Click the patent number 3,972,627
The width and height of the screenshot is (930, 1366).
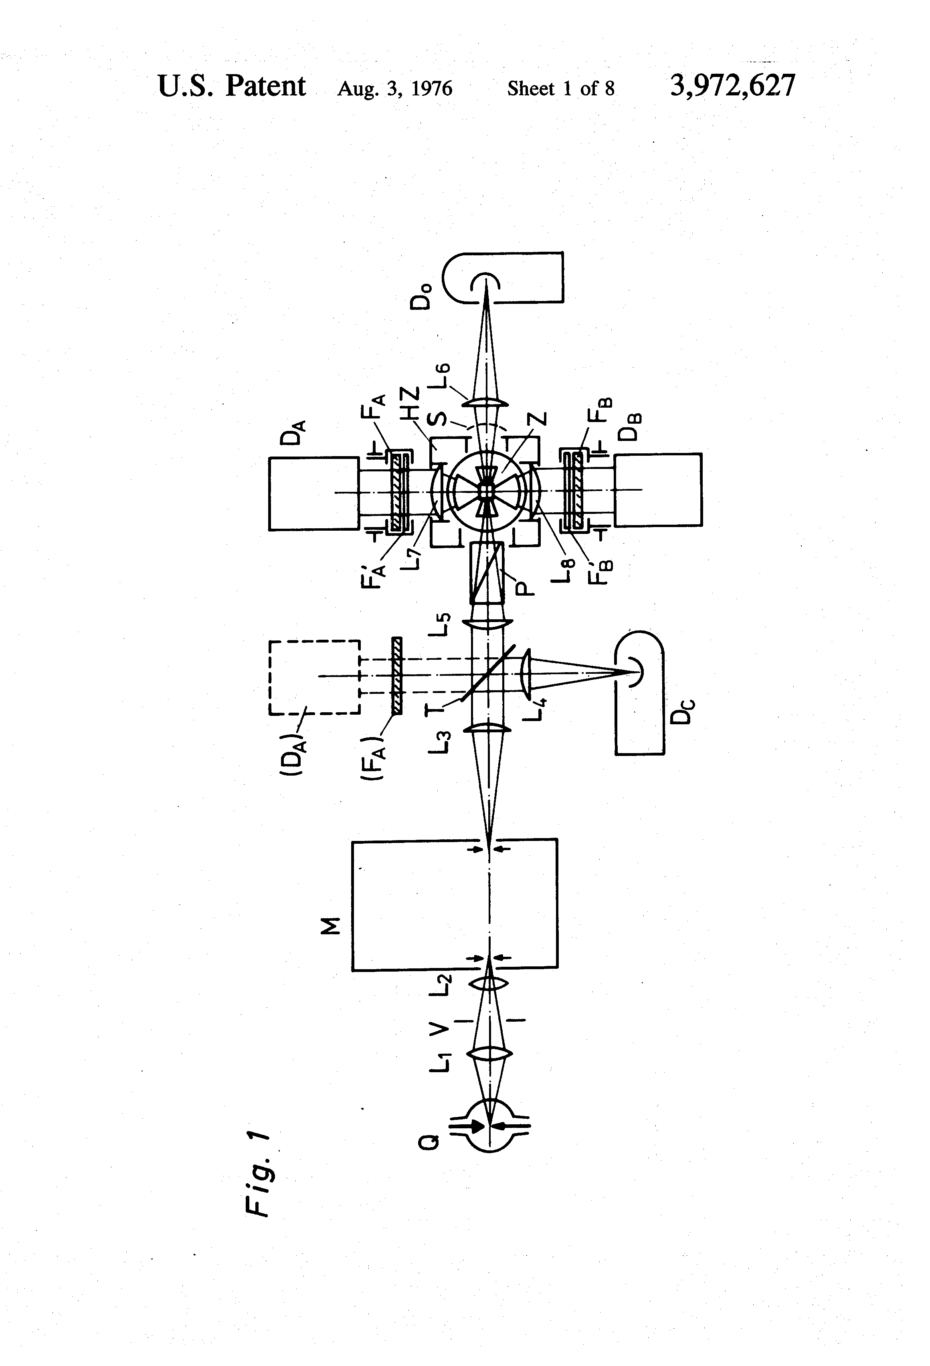pyautogui.click(x=732, y=87)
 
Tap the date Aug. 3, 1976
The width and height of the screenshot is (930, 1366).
pyautogui.click(x=394, y=89)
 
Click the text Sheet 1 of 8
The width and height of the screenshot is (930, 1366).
pyautogui.click(x=561, y=88)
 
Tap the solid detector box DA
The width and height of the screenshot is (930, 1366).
pyautogui.click(x=313, y=494)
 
